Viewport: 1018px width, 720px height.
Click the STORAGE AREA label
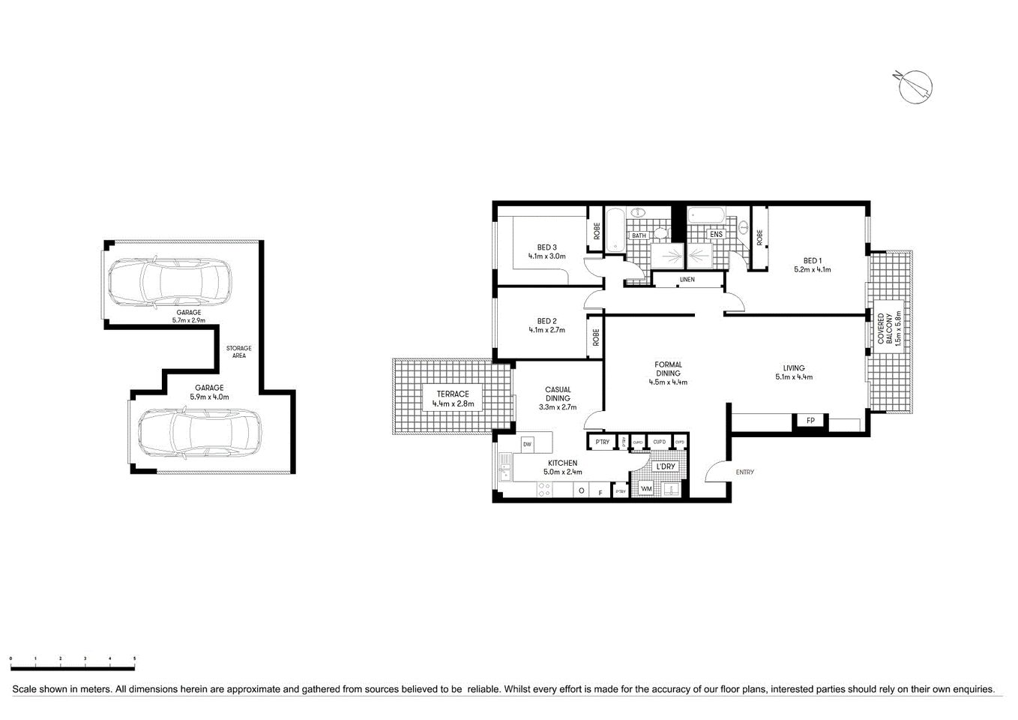tap(239, 352)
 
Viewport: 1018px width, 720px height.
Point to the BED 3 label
tap(546, 247)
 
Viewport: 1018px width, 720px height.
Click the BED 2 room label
tap(546, 321)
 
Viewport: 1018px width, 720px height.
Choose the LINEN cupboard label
tap(687, 280)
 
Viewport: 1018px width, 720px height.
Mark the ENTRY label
tap(744, 472)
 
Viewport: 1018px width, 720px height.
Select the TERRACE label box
tap(453, 399)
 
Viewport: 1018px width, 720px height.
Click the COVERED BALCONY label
tap(886, 328)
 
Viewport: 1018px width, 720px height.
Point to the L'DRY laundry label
tap(665, 466)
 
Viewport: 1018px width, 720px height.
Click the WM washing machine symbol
tap(645, 489)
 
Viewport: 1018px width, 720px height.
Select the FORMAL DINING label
tap(667, 369)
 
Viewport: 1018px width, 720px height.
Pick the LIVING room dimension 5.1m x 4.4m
tap(794, 377)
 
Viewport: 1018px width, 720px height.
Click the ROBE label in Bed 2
tap(597, 337)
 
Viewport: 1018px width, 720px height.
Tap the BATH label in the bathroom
tap(639, 235)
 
